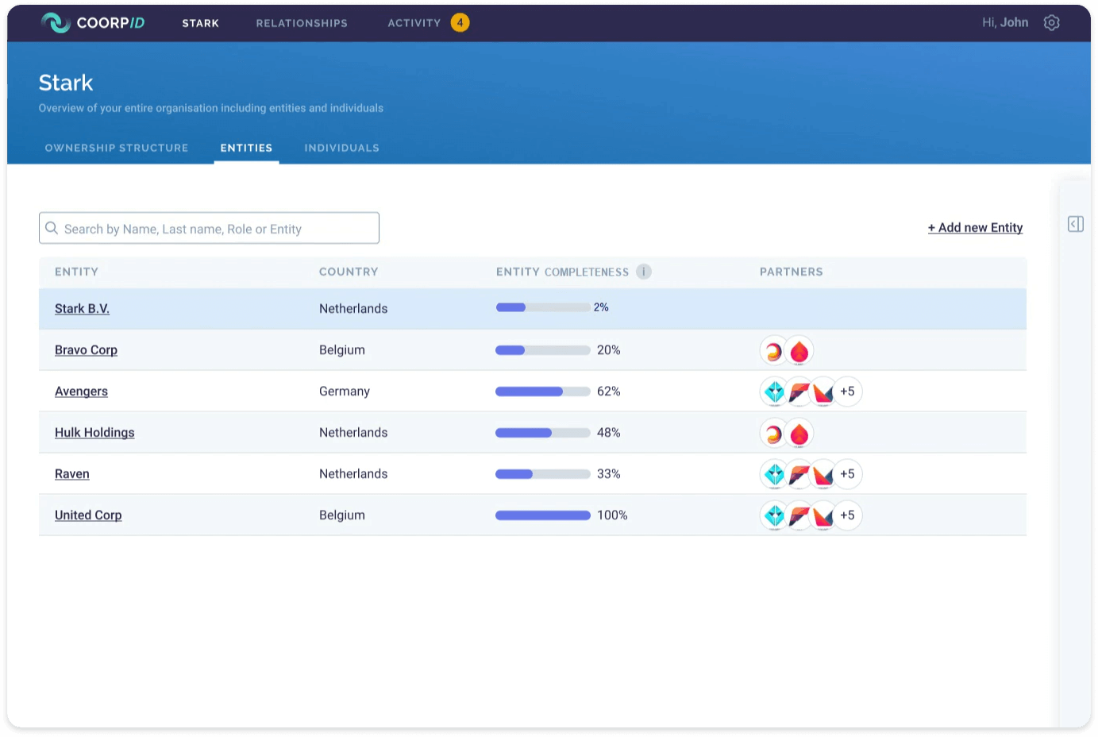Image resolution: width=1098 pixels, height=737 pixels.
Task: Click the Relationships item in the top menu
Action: [302, 23]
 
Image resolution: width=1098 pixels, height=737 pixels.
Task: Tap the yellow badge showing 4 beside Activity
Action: [460, 22]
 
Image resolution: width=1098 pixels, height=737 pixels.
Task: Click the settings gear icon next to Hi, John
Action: [1051, 22]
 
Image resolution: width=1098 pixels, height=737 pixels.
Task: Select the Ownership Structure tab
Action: [117, 148]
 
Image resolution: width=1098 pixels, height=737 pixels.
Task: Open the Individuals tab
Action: [341, 148]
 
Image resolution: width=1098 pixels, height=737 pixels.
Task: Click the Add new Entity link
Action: [975, 228]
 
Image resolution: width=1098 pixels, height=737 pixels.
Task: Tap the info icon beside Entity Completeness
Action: [644, 272]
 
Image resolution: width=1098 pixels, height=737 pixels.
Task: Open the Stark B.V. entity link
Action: [82, 309]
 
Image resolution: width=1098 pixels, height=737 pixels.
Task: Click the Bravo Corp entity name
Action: [86, 350]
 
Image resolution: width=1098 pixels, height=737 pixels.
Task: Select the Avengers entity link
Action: [81, 392]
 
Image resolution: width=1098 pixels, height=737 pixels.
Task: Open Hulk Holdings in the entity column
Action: [94, 433]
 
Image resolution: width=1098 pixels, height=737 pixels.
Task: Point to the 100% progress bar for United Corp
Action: [542, 515]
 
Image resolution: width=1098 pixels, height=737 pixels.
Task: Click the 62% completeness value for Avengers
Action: [608, 392]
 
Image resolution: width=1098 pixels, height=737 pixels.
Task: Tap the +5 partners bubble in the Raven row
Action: [847, 474]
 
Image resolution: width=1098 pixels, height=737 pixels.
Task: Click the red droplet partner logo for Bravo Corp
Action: [799, 350]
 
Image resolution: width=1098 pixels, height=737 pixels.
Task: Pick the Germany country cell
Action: [345, 392]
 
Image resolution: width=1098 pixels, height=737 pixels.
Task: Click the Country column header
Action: [349, 272]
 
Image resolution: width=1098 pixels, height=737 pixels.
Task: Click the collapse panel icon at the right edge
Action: [1076, 224]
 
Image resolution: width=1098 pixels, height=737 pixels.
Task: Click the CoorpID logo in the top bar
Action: [92, 22]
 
